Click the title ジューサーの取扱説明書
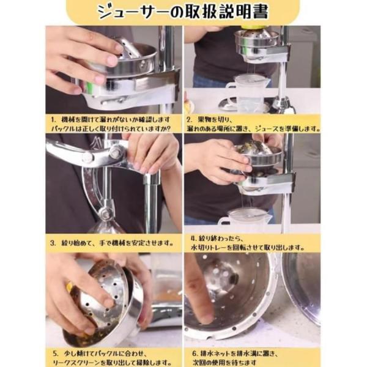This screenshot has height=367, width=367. coord(183,12)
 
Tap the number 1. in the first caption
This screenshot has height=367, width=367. coord(53,120)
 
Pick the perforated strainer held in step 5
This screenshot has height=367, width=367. coord(104,300)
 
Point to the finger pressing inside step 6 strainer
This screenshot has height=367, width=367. coord(199,294)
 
